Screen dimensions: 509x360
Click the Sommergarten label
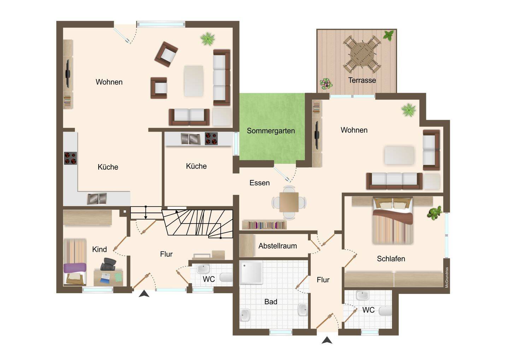point(271,131)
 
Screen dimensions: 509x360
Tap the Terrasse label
point(362,80)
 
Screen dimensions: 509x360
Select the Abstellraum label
point(277,246)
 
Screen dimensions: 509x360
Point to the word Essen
point(259,183)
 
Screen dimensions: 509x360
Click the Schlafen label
point(391,259)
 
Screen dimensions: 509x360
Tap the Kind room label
point(99,249)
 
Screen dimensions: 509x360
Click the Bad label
point(271,302)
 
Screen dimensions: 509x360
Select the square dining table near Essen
point(289,202)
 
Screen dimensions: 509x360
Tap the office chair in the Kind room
point(108,264)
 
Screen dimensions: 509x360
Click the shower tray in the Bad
point(251,272)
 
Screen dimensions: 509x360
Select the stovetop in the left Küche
point(70,158)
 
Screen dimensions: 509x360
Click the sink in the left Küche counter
point(97,199)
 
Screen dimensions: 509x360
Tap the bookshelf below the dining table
point(264,225)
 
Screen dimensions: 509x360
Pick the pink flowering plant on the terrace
point(326,84)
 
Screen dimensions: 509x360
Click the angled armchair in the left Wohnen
point(166,54)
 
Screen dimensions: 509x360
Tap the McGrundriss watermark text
point(447,277)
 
